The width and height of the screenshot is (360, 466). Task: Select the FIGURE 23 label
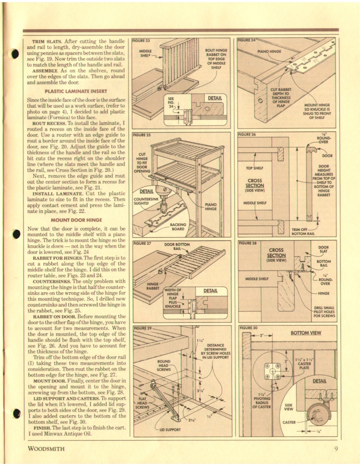coord(142,41)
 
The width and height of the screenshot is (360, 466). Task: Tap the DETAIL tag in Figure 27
coord(210,291)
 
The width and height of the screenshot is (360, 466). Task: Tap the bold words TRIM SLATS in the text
coord(47,41)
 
